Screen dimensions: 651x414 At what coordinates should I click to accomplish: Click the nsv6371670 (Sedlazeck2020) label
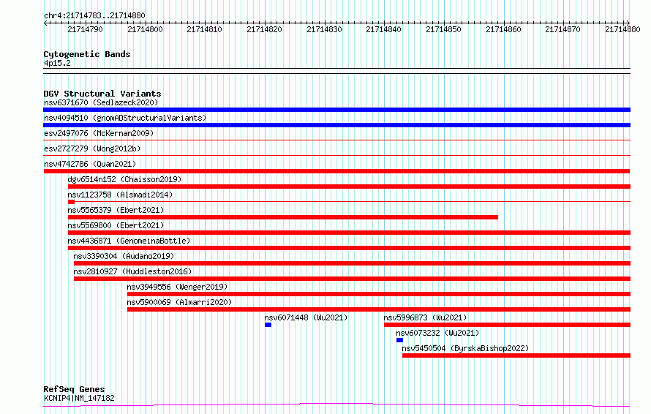click(101, 102)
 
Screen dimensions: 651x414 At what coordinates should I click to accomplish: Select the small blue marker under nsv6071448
click(268, 325)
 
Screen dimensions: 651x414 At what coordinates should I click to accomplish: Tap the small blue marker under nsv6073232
click(399, 340)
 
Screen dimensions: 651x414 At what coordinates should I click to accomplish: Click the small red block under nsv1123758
click(71, 202)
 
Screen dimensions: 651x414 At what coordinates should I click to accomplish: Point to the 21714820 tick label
click(264, 29)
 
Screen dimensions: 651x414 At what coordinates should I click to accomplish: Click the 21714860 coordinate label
click(503, 29)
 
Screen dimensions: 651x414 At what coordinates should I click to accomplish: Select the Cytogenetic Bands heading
click(87, 54)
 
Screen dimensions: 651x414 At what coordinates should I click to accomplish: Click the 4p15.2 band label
click(57, 63)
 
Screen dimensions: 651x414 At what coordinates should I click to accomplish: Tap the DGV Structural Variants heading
click(102, 94)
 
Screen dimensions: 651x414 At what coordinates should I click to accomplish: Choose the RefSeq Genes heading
click(74, 389)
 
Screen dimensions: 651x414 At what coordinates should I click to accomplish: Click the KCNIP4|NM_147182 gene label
click(79, 398)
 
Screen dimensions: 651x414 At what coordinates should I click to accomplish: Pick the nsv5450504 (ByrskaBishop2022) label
click(465, 348)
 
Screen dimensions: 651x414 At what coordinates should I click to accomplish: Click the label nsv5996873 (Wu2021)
click(425, 317)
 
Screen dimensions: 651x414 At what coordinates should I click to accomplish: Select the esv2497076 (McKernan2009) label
click(99, 133)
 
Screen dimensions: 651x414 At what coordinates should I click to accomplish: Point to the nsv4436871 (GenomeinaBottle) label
click(129, 241)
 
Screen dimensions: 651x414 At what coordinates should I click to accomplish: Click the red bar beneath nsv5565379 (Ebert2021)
click(283, 217)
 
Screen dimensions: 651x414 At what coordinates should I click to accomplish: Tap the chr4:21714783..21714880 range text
click(94, 16)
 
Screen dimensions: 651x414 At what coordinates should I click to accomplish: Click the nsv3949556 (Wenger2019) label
click(177, 287)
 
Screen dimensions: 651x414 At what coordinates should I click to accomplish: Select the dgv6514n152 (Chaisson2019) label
click(124, 179)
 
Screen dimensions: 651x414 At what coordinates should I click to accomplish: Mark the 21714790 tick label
click(85, 29)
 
